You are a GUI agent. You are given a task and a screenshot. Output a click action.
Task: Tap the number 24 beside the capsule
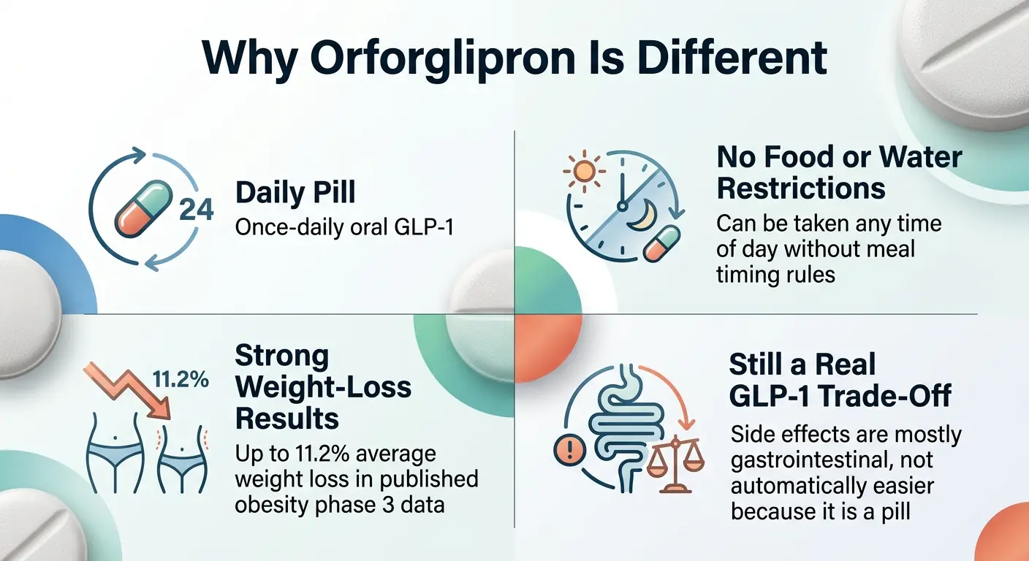tap(196, 210)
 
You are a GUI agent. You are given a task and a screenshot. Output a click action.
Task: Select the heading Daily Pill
tap(295, 193)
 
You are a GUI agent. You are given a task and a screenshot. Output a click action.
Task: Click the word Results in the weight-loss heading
tap(286, 419)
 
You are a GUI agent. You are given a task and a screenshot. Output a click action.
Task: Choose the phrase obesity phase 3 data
tap(339, 504)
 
